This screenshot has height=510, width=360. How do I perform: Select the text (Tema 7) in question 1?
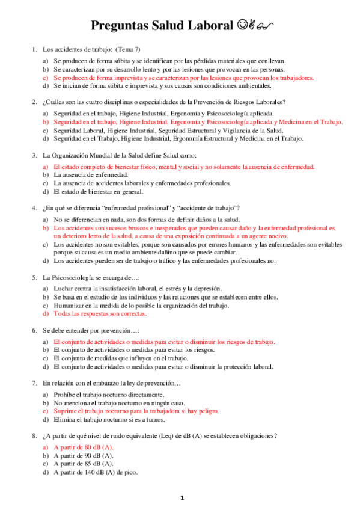[127, 49]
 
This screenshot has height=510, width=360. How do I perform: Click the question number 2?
[35, 102]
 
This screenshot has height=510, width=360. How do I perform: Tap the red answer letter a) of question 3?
[46, 166]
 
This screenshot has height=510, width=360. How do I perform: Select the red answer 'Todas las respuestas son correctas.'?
[100, 313]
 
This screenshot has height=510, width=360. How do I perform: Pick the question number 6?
[35, 330]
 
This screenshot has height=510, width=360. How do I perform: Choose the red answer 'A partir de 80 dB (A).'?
[83, 447]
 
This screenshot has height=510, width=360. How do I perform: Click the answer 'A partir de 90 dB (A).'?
[83, 455]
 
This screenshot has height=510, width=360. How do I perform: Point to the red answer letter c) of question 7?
[46, 411]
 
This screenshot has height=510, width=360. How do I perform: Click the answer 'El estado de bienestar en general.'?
[98, 192]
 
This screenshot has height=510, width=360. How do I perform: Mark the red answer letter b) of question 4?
[46, 229]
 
